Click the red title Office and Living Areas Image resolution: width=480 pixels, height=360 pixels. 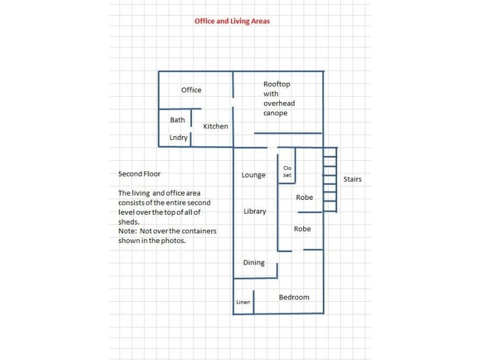tap(232, 21)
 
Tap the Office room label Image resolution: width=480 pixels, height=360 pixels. tap(191, 90)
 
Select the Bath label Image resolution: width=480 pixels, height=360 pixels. tap(178, 119)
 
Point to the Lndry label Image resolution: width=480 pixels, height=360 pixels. tap(178, 138)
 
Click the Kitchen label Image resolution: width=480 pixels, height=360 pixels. tap(216, 126)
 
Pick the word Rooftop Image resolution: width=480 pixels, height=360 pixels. tap(277, 84)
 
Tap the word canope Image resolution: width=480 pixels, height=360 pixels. tap(275, 113)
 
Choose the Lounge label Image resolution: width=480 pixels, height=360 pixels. tap(253, 175)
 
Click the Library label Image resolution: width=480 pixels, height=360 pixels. tap(254, 211)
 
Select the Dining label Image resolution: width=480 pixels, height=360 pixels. tap(254, 263)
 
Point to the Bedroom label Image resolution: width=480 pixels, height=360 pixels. tap(294, 297)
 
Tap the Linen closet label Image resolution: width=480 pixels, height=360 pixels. tap(243, 302)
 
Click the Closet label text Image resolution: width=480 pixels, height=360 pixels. tap(287, 172)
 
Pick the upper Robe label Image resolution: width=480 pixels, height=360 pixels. tap(304, 197)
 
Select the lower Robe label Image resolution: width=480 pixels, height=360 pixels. tap(302, 229)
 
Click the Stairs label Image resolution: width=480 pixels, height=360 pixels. tap(352, 179)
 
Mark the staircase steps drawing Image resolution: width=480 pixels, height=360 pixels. tap(330, 179)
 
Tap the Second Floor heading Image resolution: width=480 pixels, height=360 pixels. tap(139, 174)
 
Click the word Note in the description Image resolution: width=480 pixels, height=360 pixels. tap(127, 231)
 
